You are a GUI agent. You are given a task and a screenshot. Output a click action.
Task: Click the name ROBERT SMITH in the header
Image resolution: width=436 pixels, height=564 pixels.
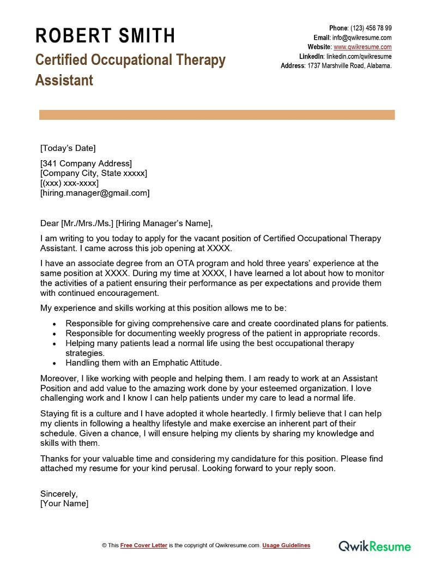pyautogui.click(x=105, y=36)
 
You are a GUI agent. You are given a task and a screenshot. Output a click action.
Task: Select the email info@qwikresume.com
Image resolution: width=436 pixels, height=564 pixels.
pyautogui.click(x=362, y=38)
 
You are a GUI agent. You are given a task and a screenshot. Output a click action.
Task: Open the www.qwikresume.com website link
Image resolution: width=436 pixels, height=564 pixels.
pyautogui.click(x=362, y=47)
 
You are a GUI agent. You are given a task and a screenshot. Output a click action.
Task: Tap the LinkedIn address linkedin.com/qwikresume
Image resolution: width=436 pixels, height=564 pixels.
pyautogui.click(x=359, y=56)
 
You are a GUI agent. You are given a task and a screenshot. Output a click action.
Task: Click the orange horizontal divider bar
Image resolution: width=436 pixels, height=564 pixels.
pyautogui.click(x=216, y=115)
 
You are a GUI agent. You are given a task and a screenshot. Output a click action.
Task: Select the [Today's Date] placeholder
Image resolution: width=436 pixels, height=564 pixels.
pyautogui.click(x=68, y=148)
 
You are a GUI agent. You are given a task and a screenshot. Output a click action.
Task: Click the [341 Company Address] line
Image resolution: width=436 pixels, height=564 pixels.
pyautogui.click(x=86, y=163)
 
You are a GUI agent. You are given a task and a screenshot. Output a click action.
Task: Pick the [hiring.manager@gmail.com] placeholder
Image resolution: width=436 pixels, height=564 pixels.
pyautogui.click(x=95, y=193)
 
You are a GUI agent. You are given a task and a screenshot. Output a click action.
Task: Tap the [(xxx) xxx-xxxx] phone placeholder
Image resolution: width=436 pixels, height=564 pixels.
pyautogui.click(x=69, y=183)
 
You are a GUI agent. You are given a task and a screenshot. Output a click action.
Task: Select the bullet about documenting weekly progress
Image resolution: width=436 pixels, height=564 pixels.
pyautogui.click(x=223, y=333)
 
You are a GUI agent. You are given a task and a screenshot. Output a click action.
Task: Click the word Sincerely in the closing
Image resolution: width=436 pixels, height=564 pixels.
pyautogui.click(x=59, y=494)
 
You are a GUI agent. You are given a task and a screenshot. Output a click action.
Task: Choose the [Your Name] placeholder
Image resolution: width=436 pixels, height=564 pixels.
pyautogui.click(x=64, y=504)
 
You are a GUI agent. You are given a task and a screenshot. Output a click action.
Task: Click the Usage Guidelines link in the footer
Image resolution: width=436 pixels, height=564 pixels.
pyautogui.click(x=286, y=545)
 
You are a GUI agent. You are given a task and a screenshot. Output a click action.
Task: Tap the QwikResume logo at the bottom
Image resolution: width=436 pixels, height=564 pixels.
pyautogui.click(x=375, y=545)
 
